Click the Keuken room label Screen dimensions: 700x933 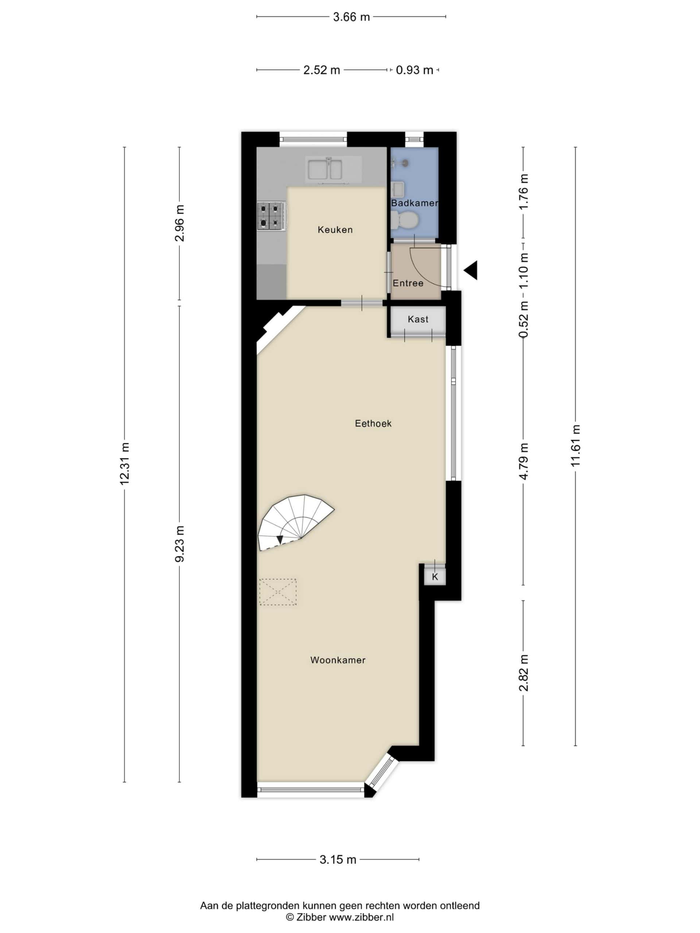(335, 230)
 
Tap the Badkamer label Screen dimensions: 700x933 (414, 203)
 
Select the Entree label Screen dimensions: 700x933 (408, 283)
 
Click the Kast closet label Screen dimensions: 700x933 (418, 319)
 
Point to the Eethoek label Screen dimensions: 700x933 (373, 423)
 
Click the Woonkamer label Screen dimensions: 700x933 (338, 660)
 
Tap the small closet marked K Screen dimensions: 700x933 (435, 577)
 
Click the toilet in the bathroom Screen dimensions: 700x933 (404, 220)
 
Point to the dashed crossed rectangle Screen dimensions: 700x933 (278, 592)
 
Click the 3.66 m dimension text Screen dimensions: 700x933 (351, 17)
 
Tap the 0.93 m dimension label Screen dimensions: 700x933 (414, 70)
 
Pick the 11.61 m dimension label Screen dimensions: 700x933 (576, 446)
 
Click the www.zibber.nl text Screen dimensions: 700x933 (361, 917)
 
